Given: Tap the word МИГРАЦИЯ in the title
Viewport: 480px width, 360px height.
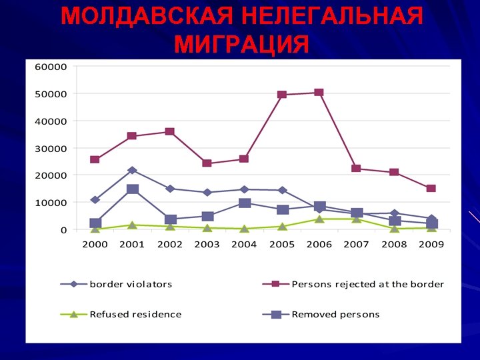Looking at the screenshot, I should point(241,45).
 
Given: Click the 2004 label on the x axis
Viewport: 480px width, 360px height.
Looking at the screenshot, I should point(244,245).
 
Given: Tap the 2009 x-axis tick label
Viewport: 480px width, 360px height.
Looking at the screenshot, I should point(431,245).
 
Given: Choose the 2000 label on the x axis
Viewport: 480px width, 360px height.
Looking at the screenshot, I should point(95,245).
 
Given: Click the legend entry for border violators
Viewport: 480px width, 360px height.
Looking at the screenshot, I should point(131,284).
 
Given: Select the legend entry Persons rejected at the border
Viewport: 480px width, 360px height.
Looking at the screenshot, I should point(367,284).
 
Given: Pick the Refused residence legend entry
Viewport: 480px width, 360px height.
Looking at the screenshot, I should point(135,314).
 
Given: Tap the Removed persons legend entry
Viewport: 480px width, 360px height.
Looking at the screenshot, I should point(335,314).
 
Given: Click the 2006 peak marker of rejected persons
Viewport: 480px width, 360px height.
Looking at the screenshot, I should point(319,93).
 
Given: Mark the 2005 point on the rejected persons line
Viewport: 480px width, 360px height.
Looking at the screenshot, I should point(282,95).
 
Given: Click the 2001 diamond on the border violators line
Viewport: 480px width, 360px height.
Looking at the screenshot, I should point(132,171).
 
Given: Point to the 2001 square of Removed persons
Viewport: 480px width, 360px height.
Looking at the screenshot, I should point(132,189).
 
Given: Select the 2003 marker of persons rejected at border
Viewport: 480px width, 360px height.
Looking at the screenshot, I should point(207,163).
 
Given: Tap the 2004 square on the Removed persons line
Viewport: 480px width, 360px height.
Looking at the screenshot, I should point(245,203).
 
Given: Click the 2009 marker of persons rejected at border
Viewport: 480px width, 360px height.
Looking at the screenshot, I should point(431,189).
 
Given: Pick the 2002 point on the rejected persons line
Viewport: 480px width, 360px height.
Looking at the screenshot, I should point(170,132).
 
